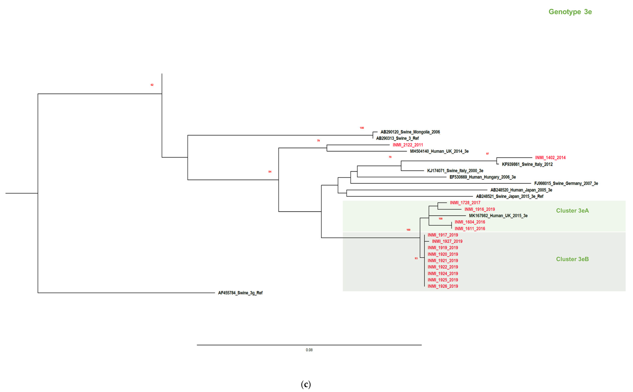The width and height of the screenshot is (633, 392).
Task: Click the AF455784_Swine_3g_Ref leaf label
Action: point(240,293)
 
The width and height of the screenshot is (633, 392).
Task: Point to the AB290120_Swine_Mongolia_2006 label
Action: point(410,132)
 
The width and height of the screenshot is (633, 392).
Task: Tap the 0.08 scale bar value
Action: point(309,350)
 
